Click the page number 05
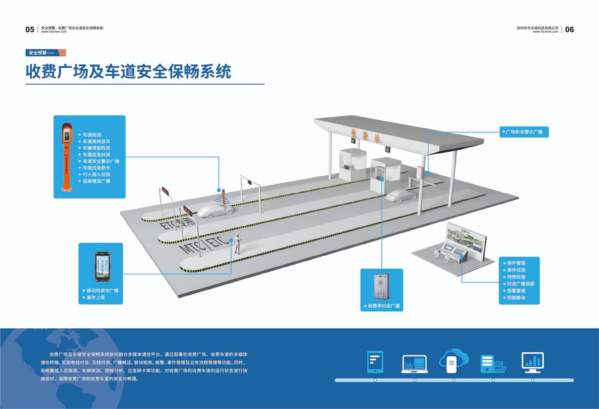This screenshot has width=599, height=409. [30, 30]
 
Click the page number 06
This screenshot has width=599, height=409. [569, 30]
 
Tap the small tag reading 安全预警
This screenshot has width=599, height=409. [38, 53]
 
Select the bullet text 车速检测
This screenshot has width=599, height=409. [92, 135]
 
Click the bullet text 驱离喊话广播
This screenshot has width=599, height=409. [96, 181]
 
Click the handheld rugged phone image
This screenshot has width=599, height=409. [103, 267]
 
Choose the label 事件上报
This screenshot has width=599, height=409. [96, 297]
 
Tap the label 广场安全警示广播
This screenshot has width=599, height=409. [524, 132]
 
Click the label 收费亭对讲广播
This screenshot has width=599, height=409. [384, 306]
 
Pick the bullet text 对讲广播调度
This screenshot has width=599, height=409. [521, 284]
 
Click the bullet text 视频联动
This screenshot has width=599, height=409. [516, 297]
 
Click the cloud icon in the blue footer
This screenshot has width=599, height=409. [454, 360]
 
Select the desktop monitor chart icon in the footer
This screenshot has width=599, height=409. [533, 362]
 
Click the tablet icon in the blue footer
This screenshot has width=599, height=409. [375, 362]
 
